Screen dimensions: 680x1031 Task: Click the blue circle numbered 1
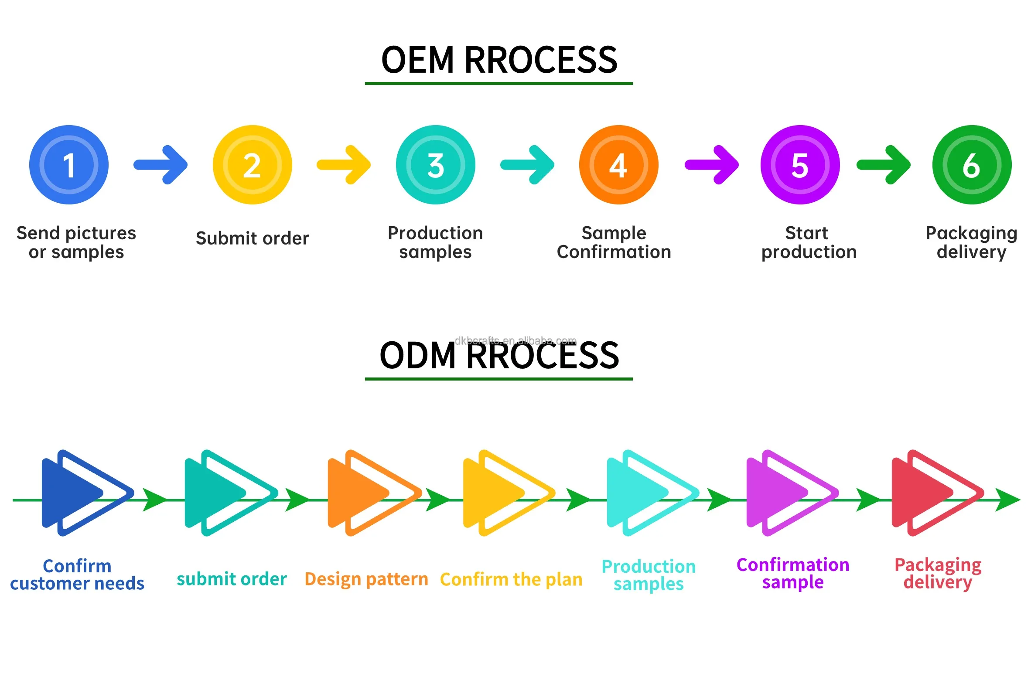69,165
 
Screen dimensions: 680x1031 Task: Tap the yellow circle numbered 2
252,165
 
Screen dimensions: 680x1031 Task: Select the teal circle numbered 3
435,165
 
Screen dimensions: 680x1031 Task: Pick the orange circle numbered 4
618,165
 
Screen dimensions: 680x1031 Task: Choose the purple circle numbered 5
800,165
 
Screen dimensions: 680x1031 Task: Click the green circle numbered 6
972,165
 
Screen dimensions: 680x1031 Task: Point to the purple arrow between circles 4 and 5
712,165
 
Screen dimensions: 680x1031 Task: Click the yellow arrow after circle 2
344,165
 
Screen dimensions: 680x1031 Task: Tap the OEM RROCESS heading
499,60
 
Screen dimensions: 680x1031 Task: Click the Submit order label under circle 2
252,238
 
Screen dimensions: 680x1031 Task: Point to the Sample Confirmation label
614,242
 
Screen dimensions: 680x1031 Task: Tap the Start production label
809,242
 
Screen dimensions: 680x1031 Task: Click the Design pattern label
366,579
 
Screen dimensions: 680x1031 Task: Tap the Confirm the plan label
511,579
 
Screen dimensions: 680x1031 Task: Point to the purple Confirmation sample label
793,573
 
